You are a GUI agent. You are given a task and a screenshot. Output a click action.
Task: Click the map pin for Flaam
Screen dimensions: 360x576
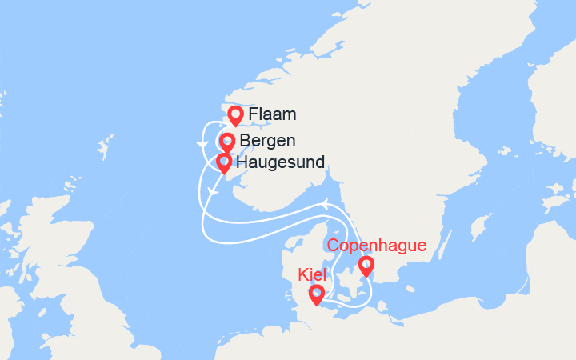[x=235, y=115]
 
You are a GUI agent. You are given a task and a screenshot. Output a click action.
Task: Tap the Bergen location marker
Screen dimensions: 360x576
[x=226, y=142]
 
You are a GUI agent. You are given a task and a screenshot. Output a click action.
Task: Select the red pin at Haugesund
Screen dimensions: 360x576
[x=224, y=163]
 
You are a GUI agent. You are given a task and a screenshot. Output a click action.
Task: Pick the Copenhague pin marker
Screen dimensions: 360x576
[x=366, y=265]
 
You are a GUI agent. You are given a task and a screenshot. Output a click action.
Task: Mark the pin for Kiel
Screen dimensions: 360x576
[x=317, y=294]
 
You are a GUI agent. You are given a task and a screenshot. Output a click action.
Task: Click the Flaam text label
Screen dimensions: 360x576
[x=272, y=115]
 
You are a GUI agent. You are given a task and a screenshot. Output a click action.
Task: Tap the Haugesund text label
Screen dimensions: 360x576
[x=281, y=163]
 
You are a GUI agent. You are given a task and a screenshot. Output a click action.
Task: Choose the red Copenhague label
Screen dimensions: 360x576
[x=376, y=246]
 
